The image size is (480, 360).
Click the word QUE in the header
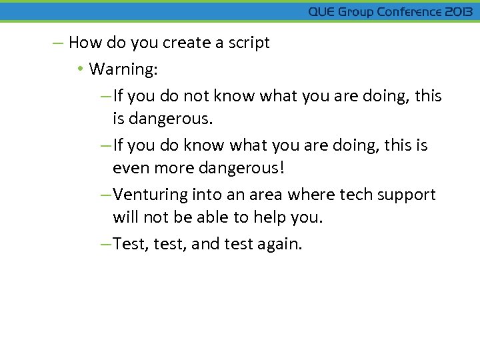click(322, 12)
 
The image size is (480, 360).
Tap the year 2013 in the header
click(459, 12)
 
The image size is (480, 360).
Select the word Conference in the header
click(409, 12)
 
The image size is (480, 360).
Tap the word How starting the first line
click(83, 43)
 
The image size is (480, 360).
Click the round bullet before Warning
click(80, 69)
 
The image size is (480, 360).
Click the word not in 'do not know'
click(197, 96)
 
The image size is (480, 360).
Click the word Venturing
click(151, 195)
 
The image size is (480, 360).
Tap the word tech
click(356, 195)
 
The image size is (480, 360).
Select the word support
click(407, 195)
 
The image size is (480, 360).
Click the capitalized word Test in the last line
click(131, 245)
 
